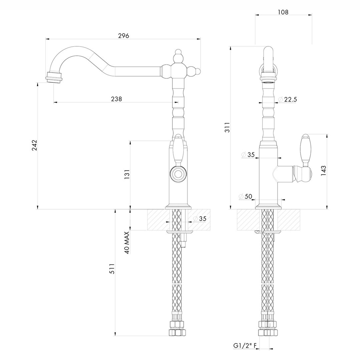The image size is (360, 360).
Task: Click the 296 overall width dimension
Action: pos(123,36)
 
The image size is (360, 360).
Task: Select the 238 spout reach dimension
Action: pos(116,99)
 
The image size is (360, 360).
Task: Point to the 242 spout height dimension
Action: pos(34,145)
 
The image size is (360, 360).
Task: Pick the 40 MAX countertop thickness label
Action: pos(127,243)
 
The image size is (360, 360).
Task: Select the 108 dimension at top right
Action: pos(283,12)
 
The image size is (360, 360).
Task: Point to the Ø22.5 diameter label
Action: pos(287,99)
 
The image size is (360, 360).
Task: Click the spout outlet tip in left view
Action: pos(54,77)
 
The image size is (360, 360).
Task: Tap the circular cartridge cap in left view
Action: pos(178,174)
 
